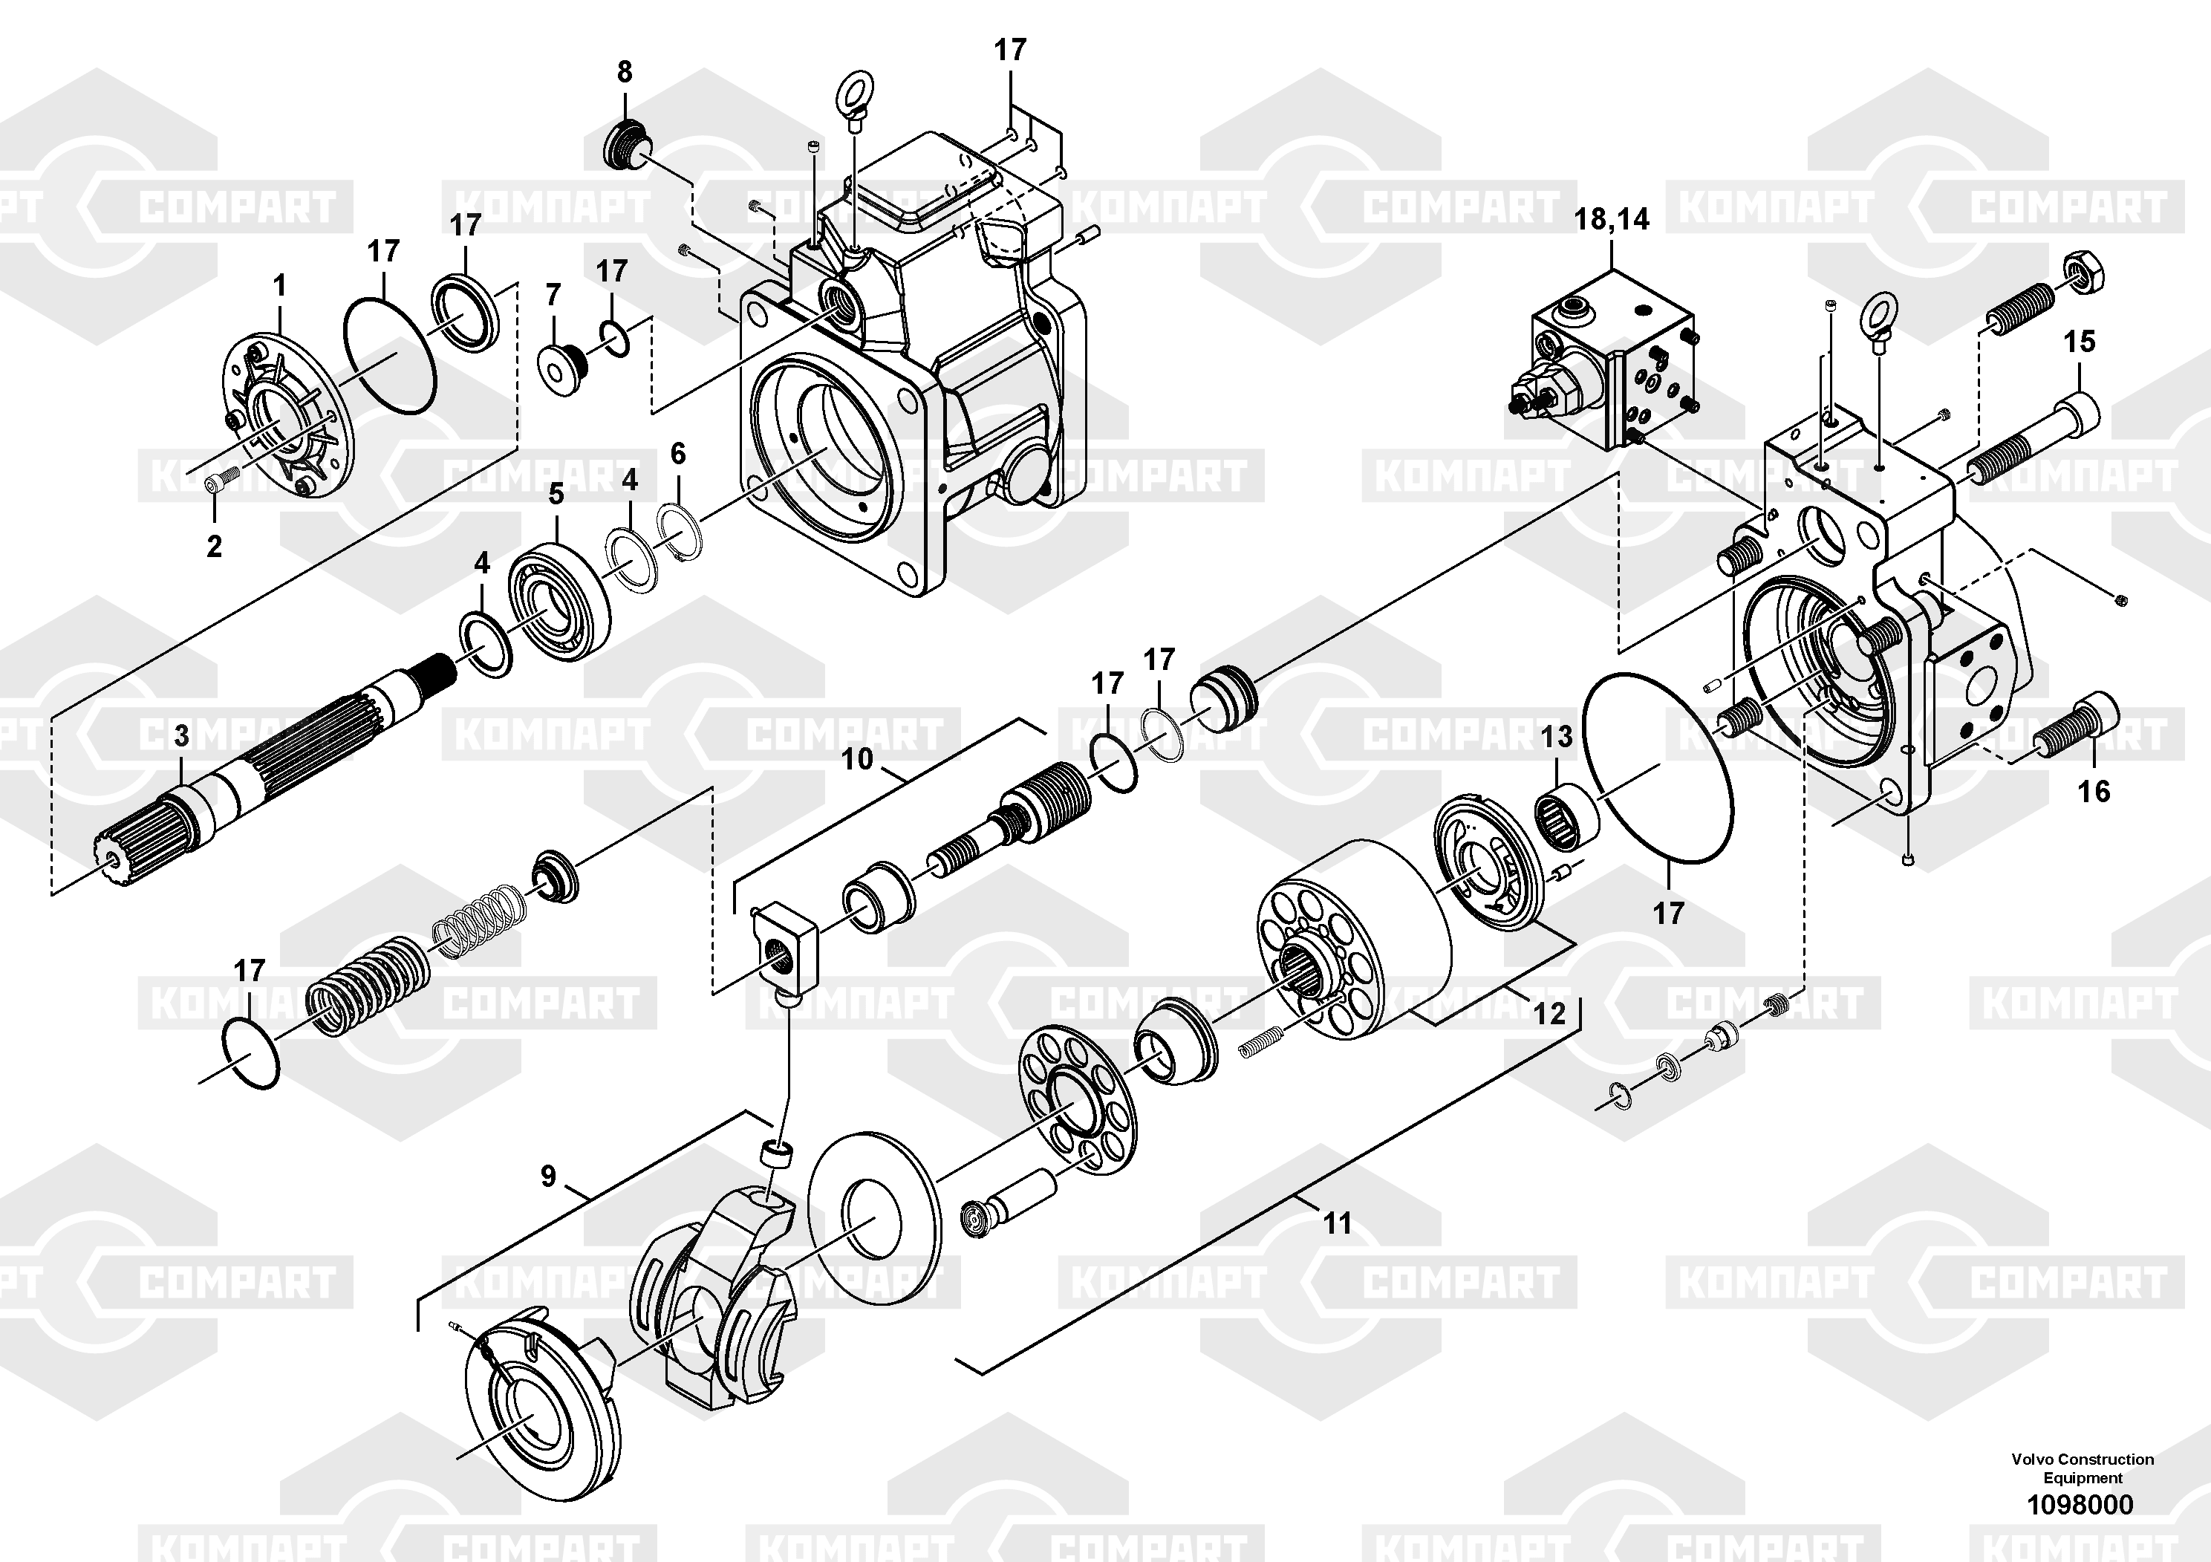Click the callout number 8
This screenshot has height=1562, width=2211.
coord(624,71)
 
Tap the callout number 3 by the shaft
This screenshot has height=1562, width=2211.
coord(182,737)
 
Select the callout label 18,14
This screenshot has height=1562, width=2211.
coord(1611,220)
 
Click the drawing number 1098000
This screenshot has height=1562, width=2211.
coord(2080,1504)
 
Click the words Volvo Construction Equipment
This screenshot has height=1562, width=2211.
coord(2082,1468)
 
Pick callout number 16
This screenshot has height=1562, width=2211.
coord(2094,792)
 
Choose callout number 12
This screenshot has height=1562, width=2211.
coord(1549,1012)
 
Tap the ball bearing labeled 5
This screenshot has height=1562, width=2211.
coord(559,608)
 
